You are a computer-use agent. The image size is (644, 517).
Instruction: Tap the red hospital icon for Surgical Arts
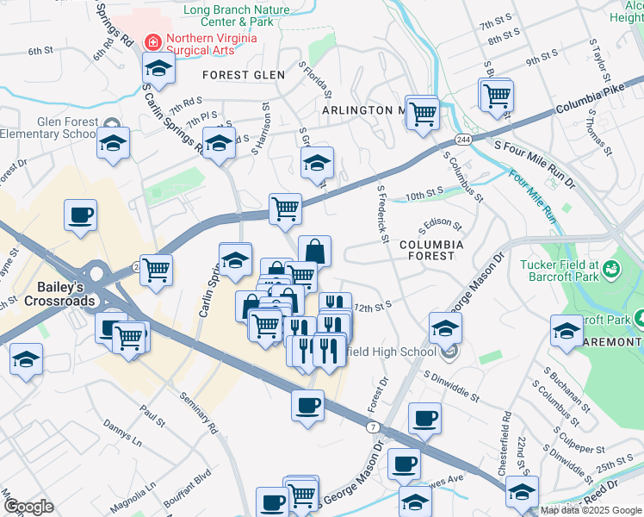[153, 40]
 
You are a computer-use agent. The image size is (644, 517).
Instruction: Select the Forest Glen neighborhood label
[244, 75]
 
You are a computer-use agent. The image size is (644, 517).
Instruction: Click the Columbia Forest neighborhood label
[431, 251]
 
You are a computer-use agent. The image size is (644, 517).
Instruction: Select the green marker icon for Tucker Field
[612, 271]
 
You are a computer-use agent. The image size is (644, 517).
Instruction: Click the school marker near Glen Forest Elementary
[113, 143]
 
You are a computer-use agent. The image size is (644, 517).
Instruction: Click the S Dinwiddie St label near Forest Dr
[451, 384]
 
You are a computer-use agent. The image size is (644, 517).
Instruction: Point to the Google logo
[28, 507]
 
